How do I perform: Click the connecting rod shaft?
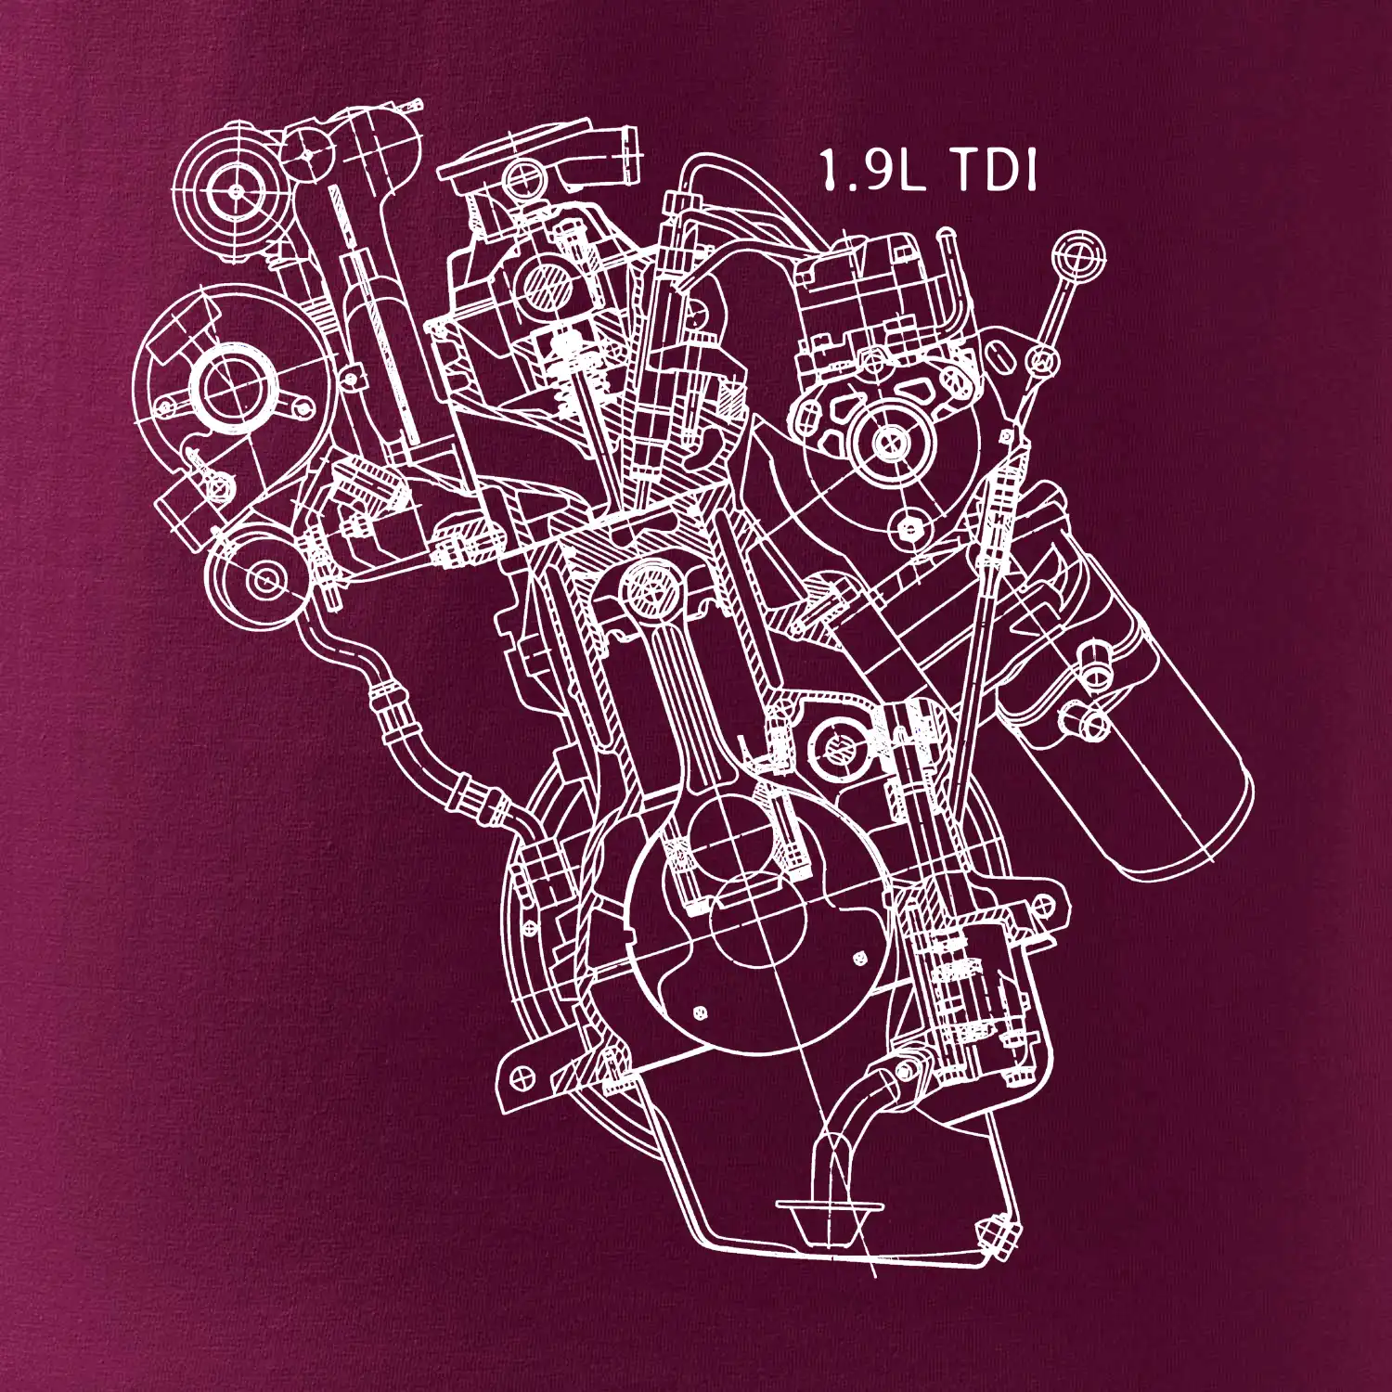(687, 705)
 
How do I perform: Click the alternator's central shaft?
(889, 442)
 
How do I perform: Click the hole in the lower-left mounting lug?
(522, 1076)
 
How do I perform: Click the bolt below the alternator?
(909, 528)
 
